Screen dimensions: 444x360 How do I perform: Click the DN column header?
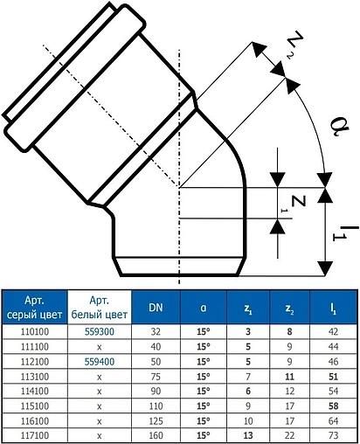point(155,307)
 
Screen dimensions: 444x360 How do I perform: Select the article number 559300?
point(100,332)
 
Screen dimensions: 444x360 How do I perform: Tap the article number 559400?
point(100,359)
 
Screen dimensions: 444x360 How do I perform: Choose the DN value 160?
point(155,434)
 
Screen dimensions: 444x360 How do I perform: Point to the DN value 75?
point(155,374)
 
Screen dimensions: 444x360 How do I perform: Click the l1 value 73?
point(333,434)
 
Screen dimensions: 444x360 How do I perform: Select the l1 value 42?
point(333,332)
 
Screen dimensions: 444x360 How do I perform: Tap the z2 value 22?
point(289,434)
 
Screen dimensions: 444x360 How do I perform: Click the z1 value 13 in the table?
point(248,434)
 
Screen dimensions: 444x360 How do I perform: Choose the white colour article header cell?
point(100,307)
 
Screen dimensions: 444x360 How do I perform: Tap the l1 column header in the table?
point(333,307)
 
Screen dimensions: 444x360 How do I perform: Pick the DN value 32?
point(155,332)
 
